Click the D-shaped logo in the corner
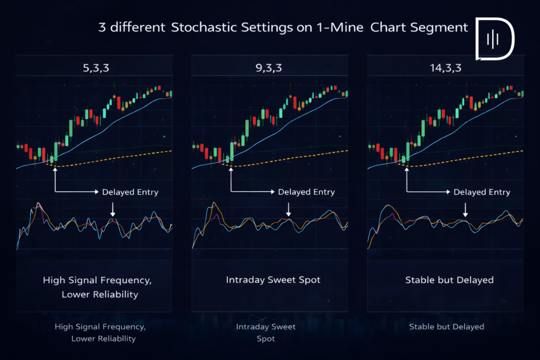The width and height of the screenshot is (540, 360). pyautogui.click(x=495, y=38)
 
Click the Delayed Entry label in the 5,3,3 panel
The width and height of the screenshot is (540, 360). pyautogui.click(x=130, y=192)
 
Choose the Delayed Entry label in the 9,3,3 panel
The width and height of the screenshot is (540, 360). pyautogui.click(x=306, y=192)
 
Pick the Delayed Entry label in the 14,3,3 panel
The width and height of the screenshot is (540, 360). pyautogui.click(x=482, y=192)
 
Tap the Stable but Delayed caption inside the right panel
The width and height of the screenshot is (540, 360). pyautogui.click(x=449, y=279)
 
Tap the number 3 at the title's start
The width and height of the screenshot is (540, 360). pyautogui.click(x=102, y=27)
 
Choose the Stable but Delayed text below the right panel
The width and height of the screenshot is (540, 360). pyautogui.click(x=446, y=327)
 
